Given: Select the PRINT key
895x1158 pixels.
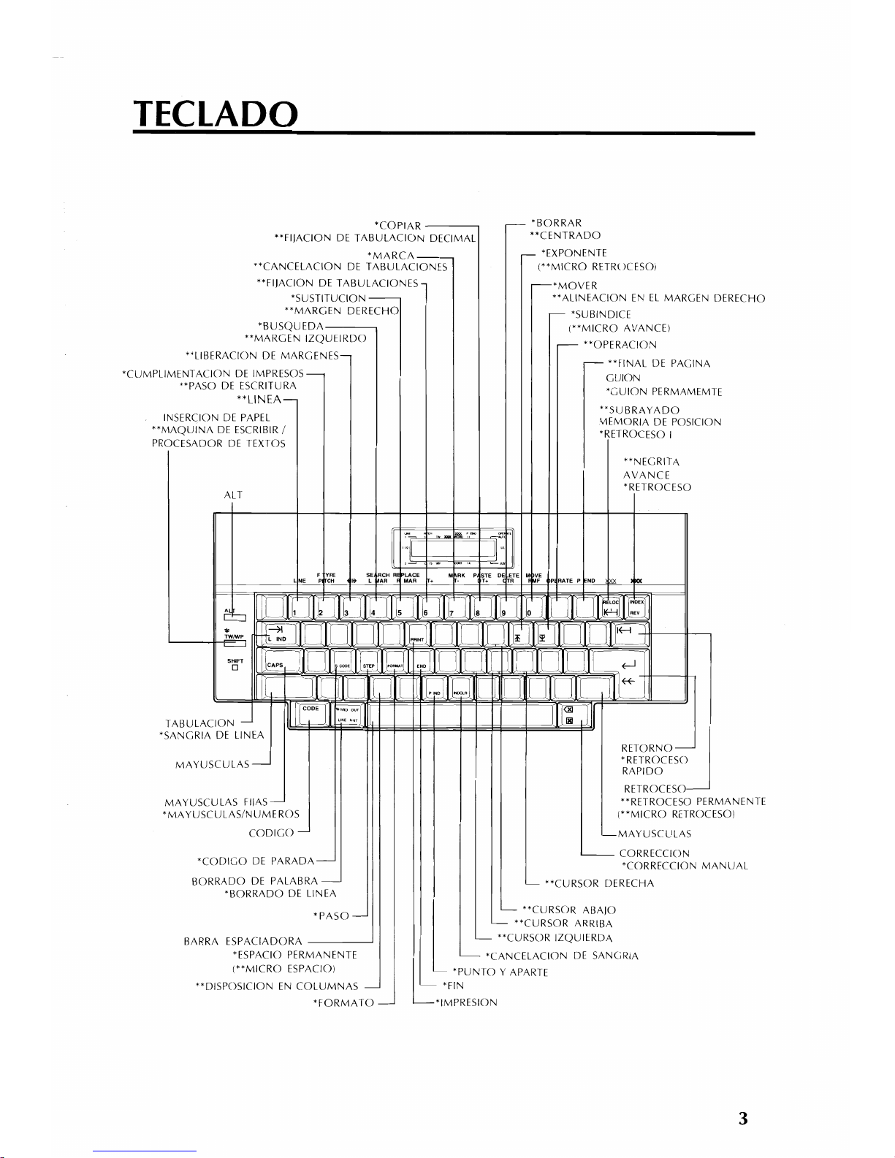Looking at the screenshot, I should tap(417, 636).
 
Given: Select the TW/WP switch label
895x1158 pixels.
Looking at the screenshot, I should tap(234, 636).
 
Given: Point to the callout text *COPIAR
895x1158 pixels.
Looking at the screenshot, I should tap(397, 224).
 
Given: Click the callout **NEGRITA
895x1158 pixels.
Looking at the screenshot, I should tap(652, 462).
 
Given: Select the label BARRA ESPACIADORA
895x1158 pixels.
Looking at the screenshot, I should tap(243, 940).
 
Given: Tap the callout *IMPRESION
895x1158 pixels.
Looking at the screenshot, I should tap(465, 1002).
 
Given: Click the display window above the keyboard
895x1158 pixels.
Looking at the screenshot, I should tap(453, 548).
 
